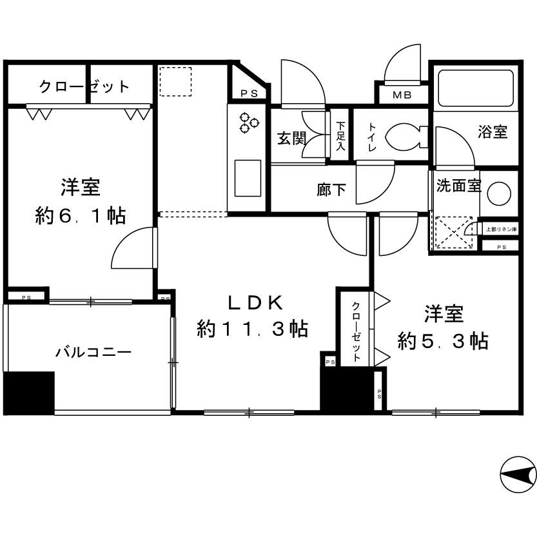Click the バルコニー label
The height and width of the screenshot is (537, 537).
click(x=93, y=352)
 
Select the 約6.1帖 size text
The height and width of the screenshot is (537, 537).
click(x=80, y=215)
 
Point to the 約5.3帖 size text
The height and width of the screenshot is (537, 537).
click(x=442, y=340)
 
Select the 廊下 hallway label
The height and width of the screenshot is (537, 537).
click(x=331, y=190)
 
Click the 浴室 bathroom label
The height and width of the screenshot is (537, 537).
click(x=492, y=132)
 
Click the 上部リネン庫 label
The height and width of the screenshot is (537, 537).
click(x=501, y=229)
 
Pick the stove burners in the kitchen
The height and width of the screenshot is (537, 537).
click(x=248, y=122)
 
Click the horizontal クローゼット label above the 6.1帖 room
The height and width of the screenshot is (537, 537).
click(x=84, y=86)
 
